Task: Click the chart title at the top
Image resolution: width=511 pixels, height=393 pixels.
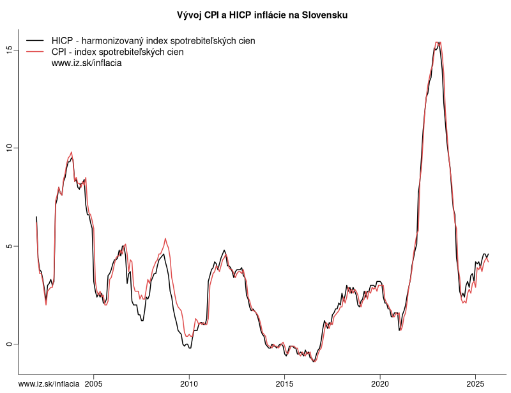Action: coord(262,15)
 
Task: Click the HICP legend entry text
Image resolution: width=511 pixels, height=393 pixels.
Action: coord(153,41)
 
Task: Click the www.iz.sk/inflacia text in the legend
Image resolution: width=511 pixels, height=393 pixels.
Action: coord(86,63)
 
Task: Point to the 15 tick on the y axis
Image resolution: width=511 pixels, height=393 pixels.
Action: coord(10,49)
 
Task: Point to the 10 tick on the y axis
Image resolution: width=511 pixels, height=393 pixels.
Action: coord(10,148)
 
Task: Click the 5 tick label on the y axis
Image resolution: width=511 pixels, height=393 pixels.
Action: coord(10,246)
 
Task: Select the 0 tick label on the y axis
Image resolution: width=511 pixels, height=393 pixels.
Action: coord(10,344)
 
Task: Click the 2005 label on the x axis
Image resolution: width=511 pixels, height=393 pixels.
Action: coord(93,383)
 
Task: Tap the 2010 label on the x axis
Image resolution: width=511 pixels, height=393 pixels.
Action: coord(189,383)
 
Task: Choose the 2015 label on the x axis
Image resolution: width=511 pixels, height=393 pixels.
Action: coord(284,383)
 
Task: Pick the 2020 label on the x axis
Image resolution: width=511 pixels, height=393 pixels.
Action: coord(380,383)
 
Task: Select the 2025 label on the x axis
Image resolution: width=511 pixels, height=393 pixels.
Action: coord(475,383)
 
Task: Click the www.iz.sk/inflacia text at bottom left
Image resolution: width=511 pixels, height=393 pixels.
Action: coord(49,383)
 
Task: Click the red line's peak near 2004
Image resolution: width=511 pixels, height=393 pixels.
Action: coord(72,152)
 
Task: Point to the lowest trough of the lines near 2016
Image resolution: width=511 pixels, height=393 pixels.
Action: coord(314,362)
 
